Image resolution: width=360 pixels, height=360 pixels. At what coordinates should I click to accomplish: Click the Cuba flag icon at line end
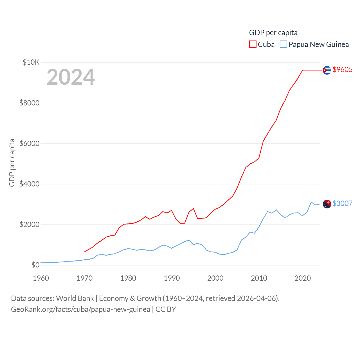pyautogui.click(x=327, y=70)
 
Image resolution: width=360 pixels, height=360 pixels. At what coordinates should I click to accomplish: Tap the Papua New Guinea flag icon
pyautogui.click(x=327, y=204)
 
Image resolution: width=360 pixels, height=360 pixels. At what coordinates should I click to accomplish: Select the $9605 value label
pyautogui.click(x=342, y=69)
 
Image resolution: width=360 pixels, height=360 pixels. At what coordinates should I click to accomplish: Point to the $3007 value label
pyautogui.click(x=342, y=203)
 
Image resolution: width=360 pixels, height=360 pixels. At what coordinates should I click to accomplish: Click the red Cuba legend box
pyautogui.click(x=253, y=44)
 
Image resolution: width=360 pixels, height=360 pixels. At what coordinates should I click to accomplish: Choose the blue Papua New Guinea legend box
pyautogui.click(x=283, y=44)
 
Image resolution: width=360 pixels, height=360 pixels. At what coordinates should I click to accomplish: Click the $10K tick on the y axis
pyautogui.click(x=31, y=62)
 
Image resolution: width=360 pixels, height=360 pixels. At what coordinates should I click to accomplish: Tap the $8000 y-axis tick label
pyautogui.click(x=29, y=103)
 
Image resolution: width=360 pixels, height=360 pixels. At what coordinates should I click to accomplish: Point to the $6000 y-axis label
pyautogui.click(x=29, y=143)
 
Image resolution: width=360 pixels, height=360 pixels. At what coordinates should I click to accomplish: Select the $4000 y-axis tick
pyautogui.click(x=29, y=184)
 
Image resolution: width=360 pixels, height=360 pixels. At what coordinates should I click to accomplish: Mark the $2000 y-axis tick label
pyautogui.click(x=29, y=224)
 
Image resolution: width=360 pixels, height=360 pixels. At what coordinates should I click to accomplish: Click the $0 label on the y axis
pyautogui.click(x=35, y=265)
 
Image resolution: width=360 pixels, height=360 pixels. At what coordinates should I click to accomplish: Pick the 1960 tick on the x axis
pyautogui.click(x=41, y=278)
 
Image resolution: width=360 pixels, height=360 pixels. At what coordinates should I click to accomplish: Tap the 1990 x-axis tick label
pyautogui.click(x=172, y=278)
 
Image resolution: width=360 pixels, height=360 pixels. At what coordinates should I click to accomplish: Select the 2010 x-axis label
pyautogui.click(x=259, y=278)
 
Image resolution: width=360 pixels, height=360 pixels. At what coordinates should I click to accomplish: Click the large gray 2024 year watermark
pyautogui.click(x=71, y=77)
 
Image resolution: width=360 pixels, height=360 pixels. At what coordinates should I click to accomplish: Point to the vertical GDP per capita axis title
pyautogui.click(x=12, y=163)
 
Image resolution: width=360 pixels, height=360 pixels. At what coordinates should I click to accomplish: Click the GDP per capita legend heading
pyautogui.click(x=273, y=33)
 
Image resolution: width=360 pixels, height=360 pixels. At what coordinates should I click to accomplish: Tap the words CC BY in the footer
pyautogui.click(x=166, y=309)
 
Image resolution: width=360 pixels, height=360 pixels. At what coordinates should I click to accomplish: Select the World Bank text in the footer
pyautogui.click(x=75, y=298)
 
